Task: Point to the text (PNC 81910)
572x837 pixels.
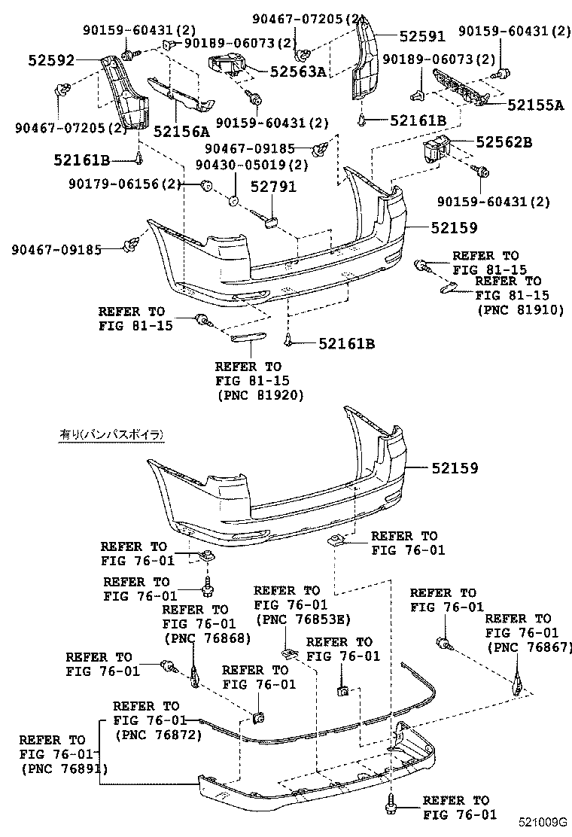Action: [x=519, y=309]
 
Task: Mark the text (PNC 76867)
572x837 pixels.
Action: [x=529, y=647]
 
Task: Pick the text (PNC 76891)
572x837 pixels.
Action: [x=64, y=769]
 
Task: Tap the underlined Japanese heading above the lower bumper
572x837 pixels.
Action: [x=111, y=434]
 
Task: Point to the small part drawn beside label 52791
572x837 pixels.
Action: [x=271, y=220]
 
